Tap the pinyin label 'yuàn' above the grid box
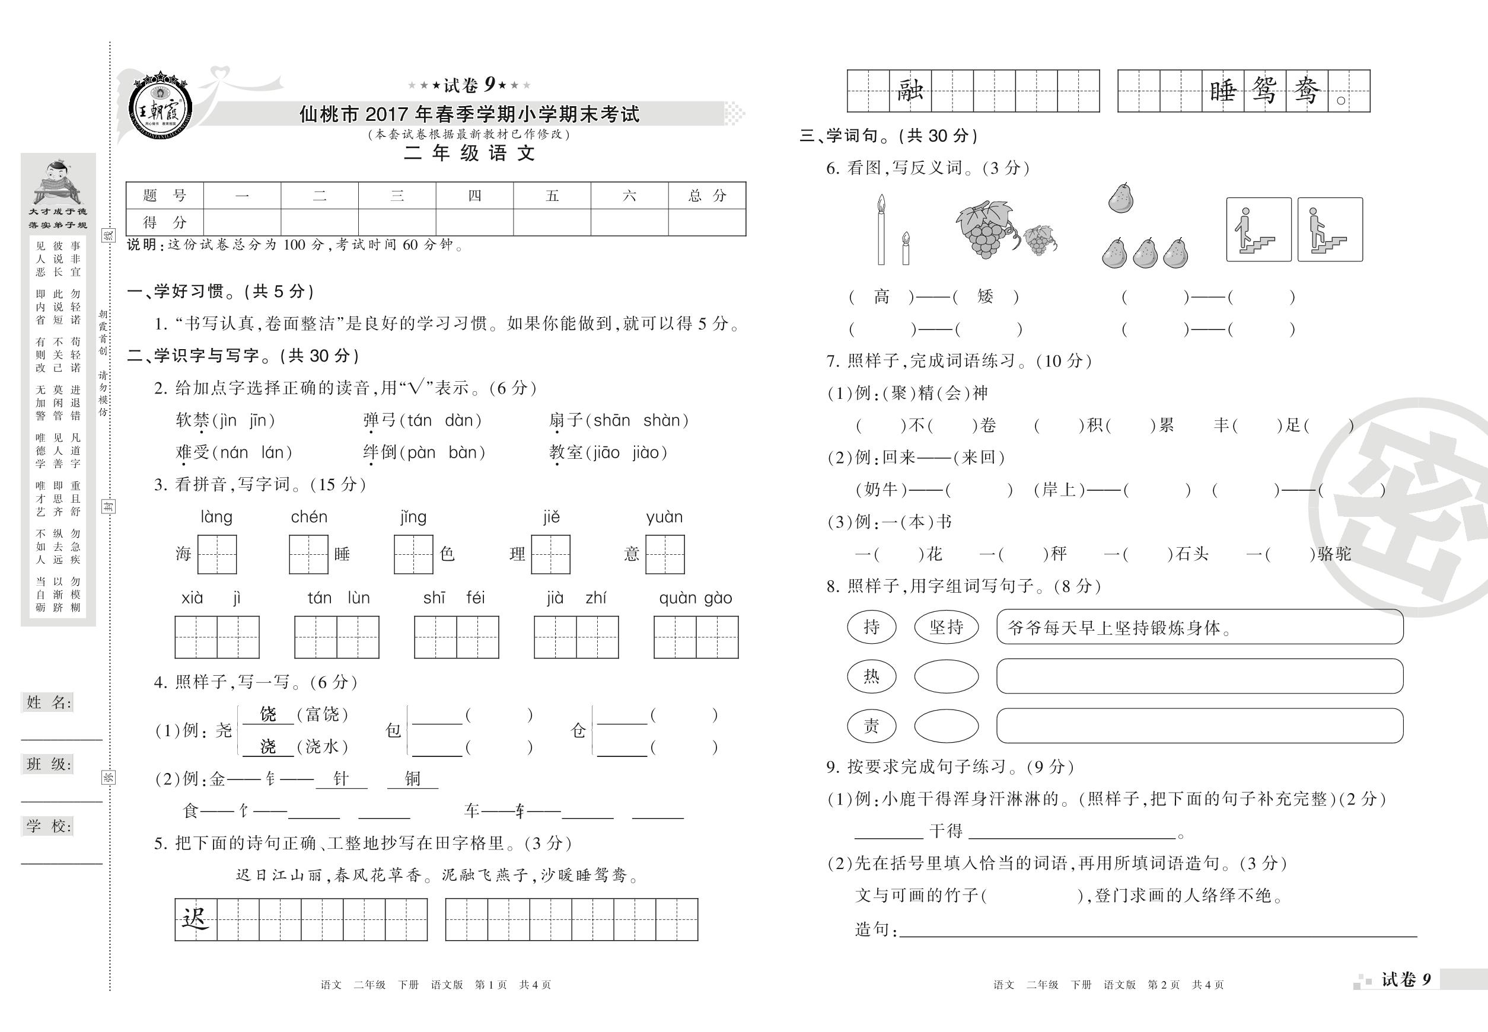click(664, 517)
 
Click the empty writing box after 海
click(216, 554)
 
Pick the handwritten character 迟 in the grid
click(195, 919)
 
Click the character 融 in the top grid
click(910, 91)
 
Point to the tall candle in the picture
click(881, 230)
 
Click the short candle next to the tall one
click(906, 248)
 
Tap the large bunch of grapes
click(984, 229)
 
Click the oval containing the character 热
click(871, 676)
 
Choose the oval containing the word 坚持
click(946, 627)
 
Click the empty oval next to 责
click(946, 726)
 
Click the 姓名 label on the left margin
click(49, 703)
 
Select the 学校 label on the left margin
click(49, 826)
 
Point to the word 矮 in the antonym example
click(984, 297)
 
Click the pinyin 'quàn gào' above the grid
click(695, 598)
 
